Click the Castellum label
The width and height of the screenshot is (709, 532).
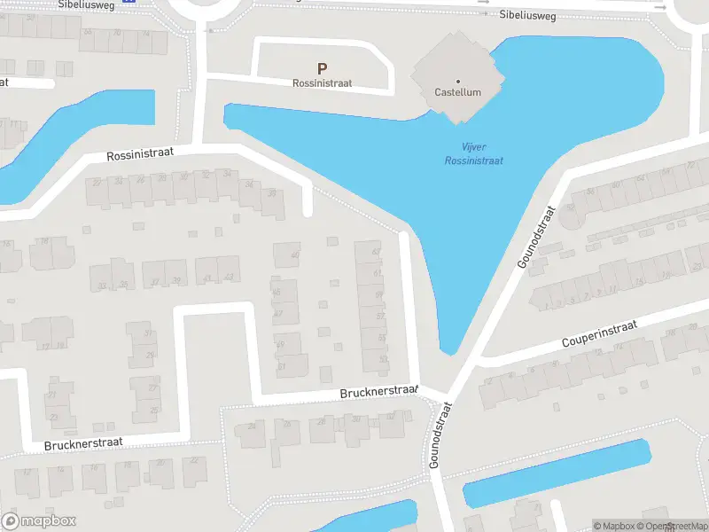[457, 92]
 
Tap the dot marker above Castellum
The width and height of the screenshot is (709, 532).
[458, 81]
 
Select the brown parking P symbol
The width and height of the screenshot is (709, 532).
[322, 67]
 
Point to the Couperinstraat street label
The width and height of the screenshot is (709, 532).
[600, 335]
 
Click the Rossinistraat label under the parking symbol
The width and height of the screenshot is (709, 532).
[322, 82]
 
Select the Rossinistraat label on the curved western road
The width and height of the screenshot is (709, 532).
[140, 154]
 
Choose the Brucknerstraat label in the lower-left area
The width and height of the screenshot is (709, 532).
[82, 441]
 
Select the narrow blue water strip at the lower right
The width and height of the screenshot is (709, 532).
[558, 473]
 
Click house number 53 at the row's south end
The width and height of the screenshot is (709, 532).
[383, 360]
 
